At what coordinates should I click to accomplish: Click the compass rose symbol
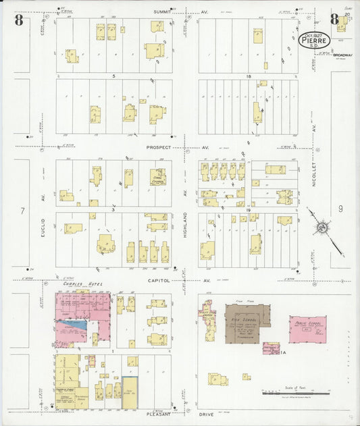322,228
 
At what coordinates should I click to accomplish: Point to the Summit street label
162,11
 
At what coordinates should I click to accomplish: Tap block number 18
249,76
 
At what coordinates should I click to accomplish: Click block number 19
249,211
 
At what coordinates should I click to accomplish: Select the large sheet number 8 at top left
19,20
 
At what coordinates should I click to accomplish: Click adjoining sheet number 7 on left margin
22,211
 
